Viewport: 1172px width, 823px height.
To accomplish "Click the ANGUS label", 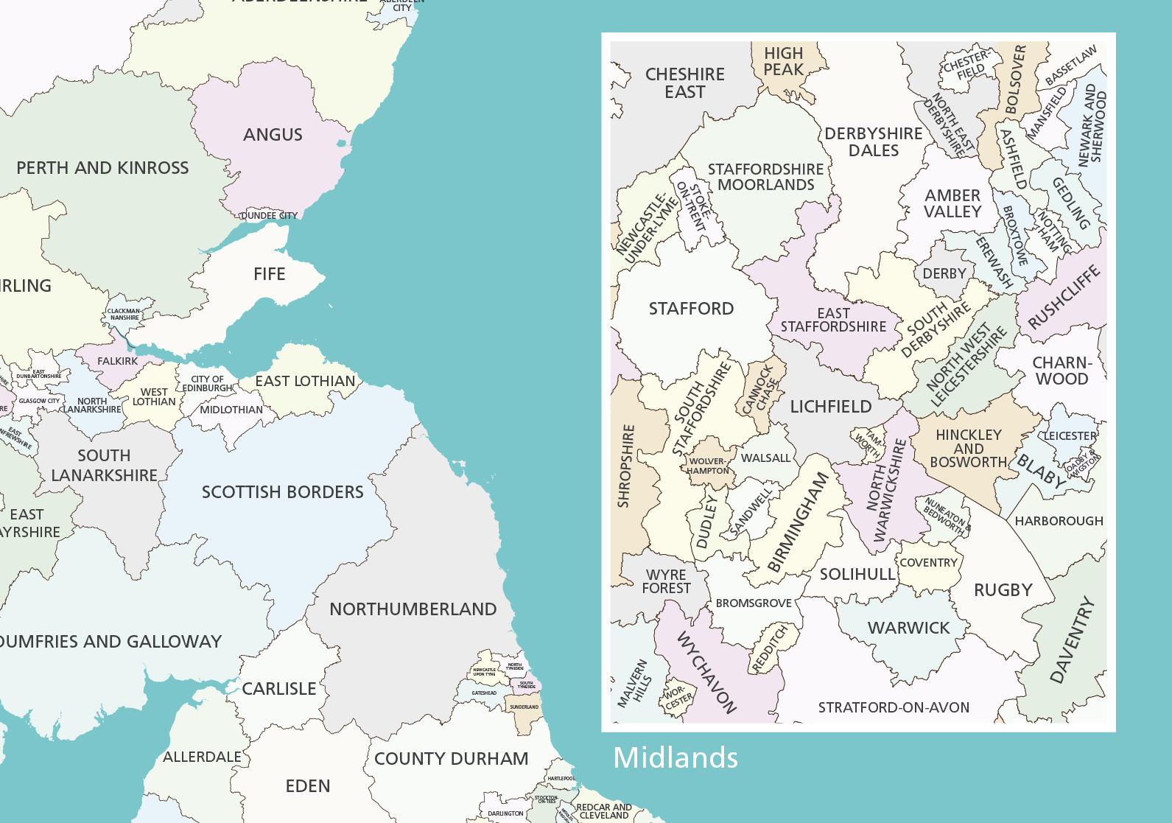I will (273, 135).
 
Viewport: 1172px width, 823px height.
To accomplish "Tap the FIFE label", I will (269, 274).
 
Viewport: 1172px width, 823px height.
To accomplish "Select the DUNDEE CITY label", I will (270, 216).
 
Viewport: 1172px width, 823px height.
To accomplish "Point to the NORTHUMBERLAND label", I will (413, 609).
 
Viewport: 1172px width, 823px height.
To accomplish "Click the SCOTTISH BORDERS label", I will (282, 492).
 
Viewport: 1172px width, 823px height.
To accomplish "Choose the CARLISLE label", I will (278, 689).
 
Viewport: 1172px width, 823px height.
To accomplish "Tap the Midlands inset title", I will (675, 758).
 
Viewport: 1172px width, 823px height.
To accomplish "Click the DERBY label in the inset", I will (944, 274).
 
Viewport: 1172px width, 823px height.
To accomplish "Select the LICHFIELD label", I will (830, 407).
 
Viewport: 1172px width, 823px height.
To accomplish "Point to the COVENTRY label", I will (928, 563).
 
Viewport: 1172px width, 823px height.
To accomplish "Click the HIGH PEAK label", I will (783, 62).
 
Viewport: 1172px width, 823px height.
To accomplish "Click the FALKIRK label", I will (117, 361).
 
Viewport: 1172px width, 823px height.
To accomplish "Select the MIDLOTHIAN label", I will (231, 410).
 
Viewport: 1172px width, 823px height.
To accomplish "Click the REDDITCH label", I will (769, 648).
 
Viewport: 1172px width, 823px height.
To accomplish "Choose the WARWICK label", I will (908, 628).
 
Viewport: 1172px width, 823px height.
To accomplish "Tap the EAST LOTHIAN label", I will (305, 381).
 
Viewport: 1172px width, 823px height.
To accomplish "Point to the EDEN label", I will (307, 786).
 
